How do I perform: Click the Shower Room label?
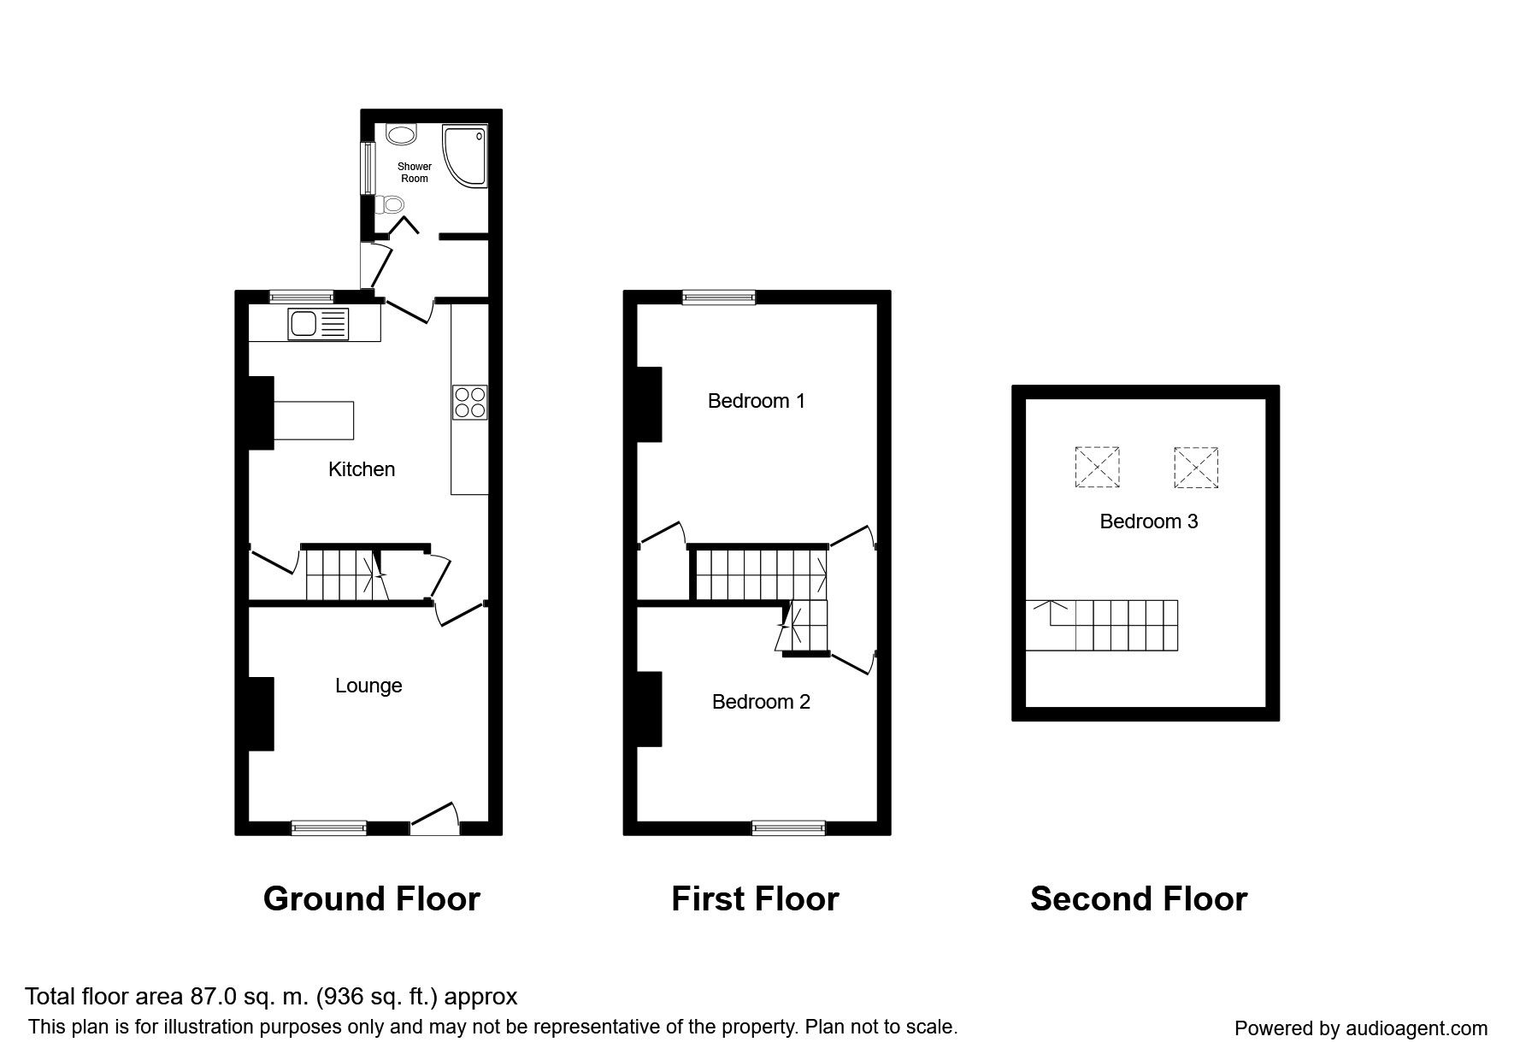[x=415, y=173]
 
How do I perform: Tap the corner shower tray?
[x=464, y=156]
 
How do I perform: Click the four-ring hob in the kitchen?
[x=469, y=402]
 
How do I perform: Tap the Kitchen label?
[x=362, y=469]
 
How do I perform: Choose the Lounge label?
[x=368, y=686]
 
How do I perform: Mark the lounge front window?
[x=329, y=827]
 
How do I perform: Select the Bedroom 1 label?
[x=757, y=401]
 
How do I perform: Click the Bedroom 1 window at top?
[x=719, y=297]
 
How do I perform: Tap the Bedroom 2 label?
[x=761, y=702]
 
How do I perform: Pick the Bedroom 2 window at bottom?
[x=789, y=827]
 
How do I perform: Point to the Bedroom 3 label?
[x=1149, y=521]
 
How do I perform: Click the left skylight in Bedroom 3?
[x=1097, y=468]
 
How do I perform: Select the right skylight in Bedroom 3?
[x=1196, y=468]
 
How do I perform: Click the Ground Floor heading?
[x=372, y=899]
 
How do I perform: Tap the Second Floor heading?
[x=1139, y=899]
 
